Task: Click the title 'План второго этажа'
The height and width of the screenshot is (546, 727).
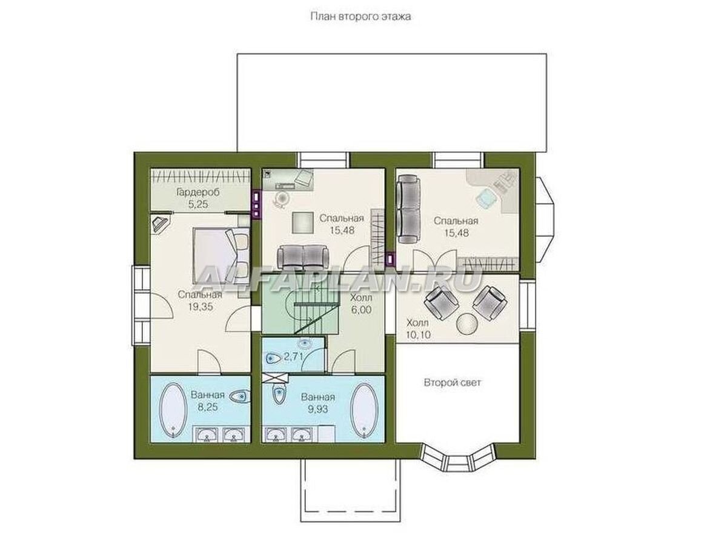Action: point(360,16)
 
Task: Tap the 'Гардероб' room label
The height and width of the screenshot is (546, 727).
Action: point(198,192)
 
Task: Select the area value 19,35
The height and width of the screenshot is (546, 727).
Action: point(200,307)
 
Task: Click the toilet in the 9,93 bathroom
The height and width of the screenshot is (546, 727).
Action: point(279,395)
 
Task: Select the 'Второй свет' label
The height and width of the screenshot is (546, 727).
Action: point(452,383)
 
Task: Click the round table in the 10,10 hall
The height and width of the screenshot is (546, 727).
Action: point(467,324)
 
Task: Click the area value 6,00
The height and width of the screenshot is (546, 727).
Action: point(361,310)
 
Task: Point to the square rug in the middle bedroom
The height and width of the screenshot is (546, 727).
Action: point(302,222)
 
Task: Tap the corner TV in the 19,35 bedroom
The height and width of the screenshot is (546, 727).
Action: point(161,223)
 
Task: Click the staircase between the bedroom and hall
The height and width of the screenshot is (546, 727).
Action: point(300,308)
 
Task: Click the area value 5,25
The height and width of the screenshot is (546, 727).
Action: point(198,204)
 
